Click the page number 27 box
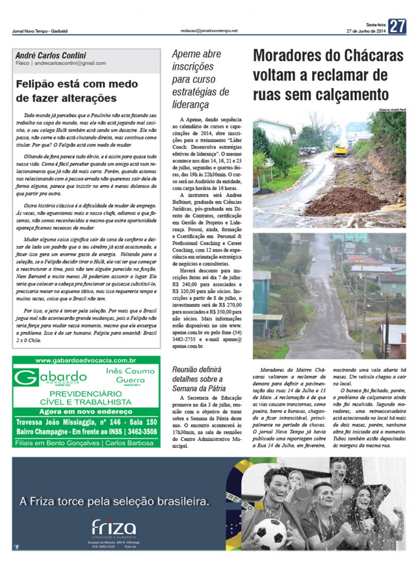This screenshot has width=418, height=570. [x=397, y=26]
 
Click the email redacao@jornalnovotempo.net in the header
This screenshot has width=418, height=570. [x=209, y=31]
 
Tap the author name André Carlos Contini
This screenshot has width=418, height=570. [x=51, y=56]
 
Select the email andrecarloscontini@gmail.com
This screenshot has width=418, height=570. [x=70, y=63]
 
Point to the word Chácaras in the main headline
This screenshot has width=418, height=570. [x=365, y=56]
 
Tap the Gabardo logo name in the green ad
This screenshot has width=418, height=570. [x=51, y=377]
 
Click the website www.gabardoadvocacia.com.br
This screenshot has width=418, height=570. [x=86, y=360]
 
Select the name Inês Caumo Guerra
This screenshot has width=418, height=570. [x=130, y=375]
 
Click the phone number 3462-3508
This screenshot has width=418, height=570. [x=142, y=432]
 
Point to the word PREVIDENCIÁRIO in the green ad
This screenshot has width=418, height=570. [x=86, y=394]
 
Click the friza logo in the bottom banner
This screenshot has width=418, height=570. [x=113, y=527]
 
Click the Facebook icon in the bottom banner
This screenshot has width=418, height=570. [x=16, y=547]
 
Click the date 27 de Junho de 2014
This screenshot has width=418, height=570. [x=365, y=31]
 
